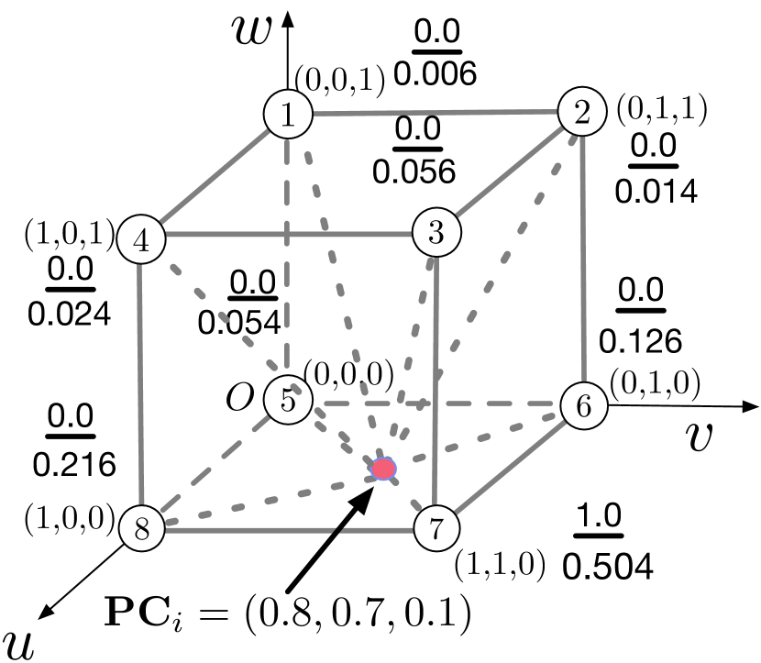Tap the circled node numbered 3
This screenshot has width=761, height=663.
(x=436, y=232)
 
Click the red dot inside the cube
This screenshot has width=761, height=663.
(x=384, y=469)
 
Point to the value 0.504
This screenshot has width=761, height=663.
(x=608, y=567)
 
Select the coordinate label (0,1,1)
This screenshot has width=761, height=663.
(x=661, y=111)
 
